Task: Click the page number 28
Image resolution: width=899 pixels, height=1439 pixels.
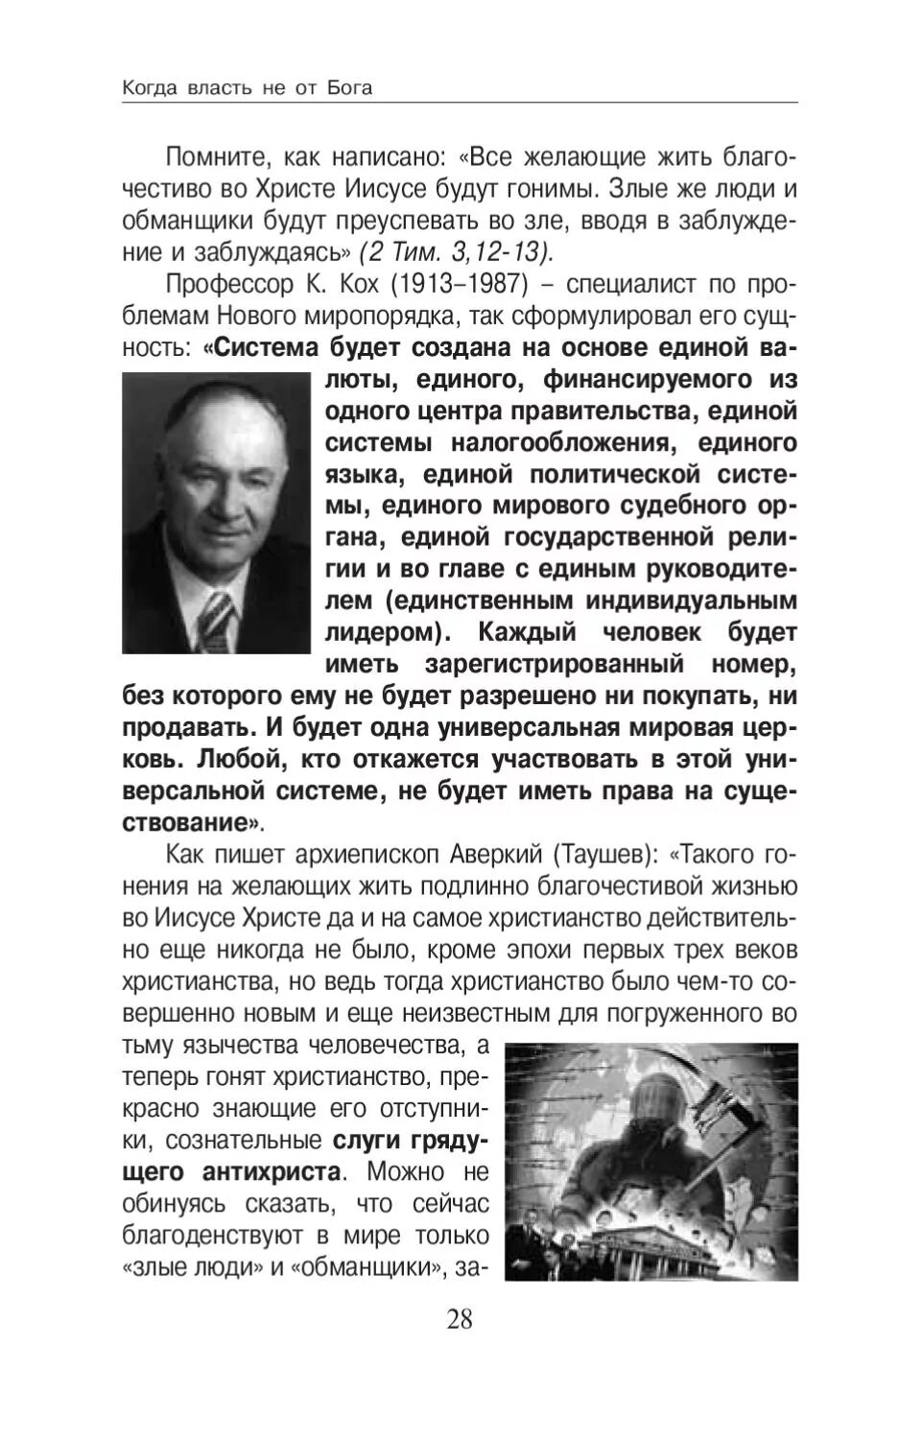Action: [x=460, y=1319]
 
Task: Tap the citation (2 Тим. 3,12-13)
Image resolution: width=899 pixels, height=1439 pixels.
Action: [x=455, y=252]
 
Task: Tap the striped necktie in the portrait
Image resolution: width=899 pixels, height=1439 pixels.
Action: [x=217, y=619]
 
